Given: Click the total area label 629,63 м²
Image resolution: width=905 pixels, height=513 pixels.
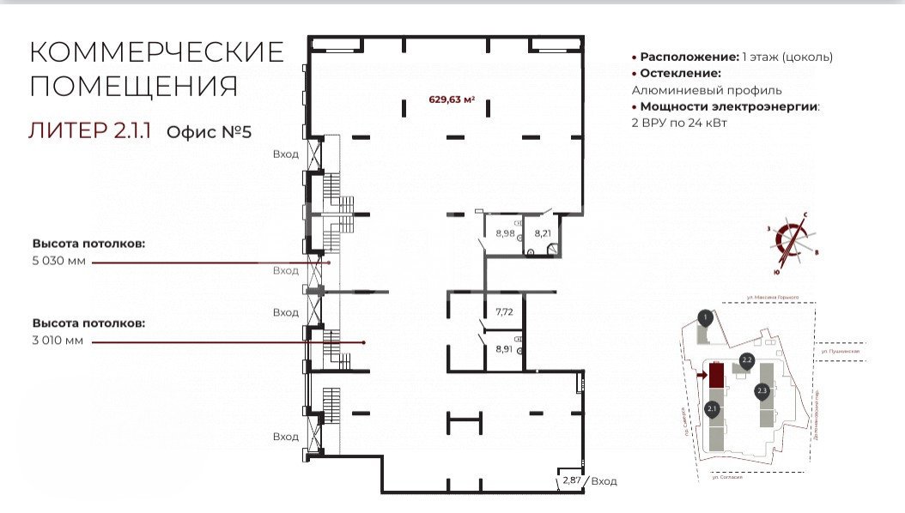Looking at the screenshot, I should click(x=452, y=99).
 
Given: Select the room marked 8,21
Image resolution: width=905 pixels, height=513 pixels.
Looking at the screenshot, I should click(x=542, y=233).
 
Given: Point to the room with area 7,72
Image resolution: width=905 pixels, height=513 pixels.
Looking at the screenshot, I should click(x=503, y=314).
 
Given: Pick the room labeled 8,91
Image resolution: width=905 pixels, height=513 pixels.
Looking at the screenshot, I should click(x=503, y=349).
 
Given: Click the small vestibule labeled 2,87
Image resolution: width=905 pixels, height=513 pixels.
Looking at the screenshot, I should click(x=571, y=481).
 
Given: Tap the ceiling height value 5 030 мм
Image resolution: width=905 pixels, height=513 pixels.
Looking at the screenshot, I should click(x=59, y=262).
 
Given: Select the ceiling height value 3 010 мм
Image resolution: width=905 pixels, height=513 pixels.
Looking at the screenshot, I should click(x=59, y=341).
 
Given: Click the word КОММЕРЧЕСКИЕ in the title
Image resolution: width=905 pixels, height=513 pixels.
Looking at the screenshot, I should click(x=156, y=52).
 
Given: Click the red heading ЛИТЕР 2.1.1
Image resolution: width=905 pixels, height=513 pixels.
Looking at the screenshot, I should click(x=90, y=131).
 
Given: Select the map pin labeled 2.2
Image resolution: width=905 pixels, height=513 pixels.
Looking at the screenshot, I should click(x=746, y=360).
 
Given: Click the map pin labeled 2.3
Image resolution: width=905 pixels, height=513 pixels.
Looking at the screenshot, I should click(x=762, y=392).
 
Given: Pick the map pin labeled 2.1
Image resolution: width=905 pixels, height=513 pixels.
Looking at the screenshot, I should click(x=712, y=410).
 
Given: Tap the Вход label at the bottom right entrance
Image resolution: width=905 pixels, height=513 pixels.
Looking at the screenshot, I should click(x=604, y=481).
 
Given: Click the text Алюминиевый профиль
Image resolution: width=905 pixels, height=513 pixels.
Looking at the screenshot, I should click(x=707, y=90).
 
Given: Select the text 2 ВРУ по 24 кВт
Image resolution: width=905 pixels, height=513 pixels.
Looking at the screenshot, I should click(x=685, y=124).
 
